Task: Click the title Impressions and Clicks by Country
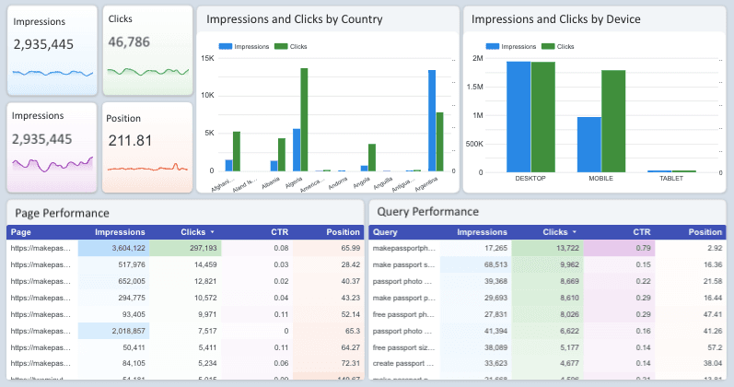coord(294,19)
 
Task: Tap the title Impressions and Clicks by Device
coord(555,19)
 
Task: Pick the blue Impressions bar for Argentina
coord(431,121)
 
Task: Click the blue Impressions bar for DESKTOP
coord(518,116)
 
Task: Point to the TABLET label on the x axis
coord(671,178)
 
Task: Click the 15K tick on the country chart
coord(207,58)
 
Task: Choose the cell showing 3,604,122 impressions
coord(119,248)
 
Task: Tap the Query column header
coord(387,232)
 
